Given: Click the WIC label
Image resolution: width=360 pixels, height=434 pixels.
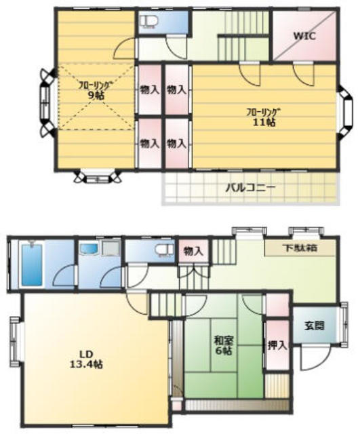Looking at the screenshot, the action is (304, 36).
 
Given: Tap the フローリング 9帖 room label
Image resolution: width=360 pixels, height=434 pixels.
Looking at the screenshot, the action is (96, 90).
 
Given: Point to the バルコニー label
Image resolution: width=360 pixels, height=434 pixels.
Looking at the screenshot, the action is (250, 188).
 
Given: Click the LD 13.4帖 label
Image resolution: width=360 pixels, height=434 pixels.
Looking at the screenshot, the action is (86, 359).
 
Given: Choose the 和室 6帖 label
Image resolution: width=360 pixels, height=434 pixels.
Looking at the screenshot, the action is (224, 345).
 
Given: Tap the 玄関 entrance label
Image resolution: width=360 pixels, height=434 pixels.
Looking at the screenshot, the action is (315, 325).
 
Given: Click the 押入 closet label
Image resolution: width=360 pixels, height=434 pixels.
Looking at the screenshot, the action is (277, 345).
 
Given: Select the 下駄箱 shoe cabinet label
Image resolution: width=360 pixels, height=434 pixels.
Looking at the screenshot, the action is (300, 248).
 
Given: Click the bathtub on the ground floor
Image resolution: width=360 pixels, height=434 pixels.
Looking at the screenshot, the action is (32, 264).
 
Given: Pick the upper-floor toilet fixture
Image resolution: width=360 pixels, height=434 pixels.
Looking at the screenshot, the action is (148, 22).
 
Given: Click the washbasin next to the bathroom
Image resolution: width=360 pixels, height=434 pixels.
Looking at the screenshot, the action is (89, 249).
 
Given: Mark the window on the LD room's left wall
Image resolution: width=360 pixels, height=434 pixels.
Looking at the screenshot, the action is (15, 342).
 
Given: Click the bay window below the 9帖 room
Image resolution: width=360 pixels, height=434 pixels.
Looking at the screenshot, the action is (98, 176).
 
